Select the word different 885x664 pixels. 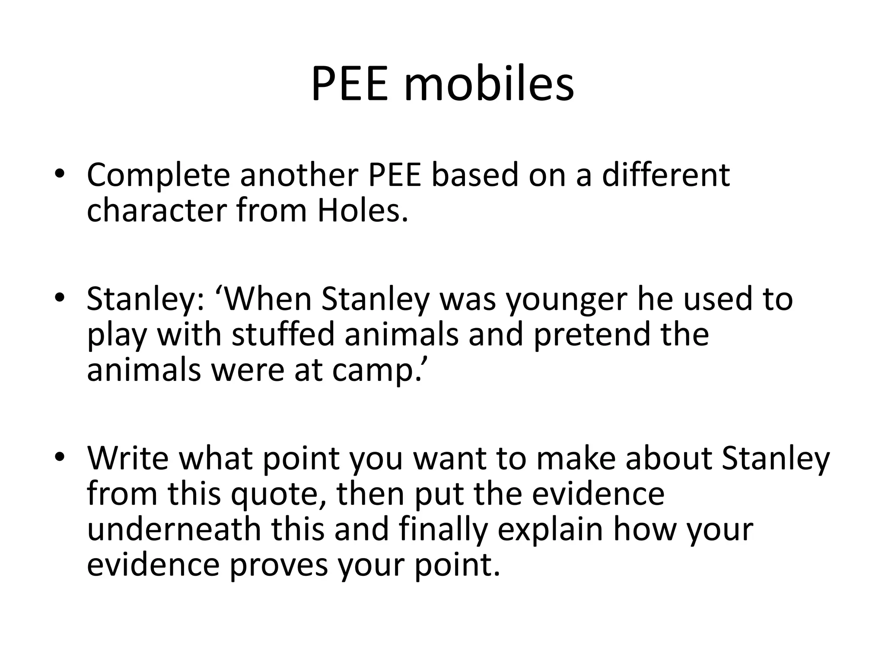(665, 175)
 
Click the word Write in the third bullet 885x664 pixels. (128, 458)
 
